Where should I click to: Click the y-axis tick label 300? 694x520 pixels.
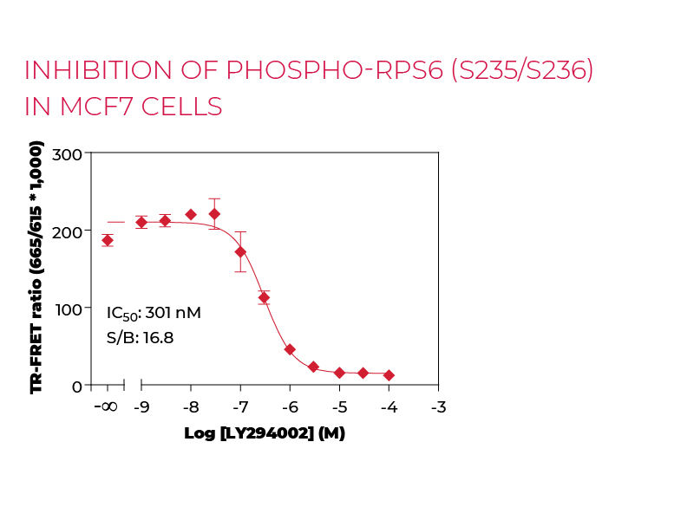(x=68, y=154)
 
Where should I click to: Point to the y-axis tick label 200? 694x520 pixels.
(x=68, y=231)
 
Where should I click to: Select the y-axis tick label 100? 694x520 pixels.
(x=68, y=309)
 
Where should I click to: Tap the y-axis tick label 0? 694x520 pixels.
(x=76, y=386)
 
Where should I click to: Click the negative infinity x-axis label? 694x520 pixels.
(x=104, y=407)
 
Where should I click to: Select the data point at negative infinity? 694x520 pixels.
(x=108, y=240)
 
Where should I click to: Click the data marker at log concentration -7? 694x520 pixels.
(x=240, y=252)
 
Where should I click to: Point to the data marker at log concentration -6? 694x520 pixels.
(x=290, y=349)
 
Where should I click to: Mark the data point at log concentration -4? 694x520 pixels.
(x=389, y=375)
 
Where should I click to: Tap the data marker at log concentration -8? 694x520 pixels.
(x=191, y=215)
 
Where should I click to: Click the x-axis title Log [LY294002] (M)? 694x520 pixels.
(x=265, y=433)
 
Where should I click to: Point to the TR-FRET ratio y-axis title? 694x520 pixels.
(x=36, y=270)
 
